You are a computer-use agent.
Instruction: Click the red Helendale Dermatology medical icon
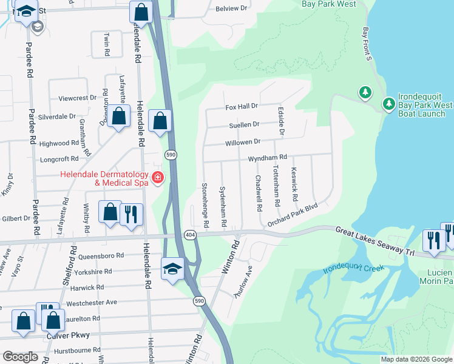158,177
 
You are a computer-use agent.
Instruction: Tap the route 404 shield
189,234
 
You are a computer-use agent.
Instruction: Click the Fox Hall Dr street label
242,106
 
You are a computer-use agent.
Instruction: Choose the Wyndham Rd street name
267,158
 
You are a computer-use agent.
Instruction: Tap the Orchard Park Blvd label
293,215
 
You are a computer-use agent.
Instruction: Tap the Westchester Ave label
91,302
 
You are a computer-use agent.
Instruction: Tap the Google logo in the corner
20,357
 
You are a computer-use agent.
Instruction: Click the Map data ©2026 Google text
416,359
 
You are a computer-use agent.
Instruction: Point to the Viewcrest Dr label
77,98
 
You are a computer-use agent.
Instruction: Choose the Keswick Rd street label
294,184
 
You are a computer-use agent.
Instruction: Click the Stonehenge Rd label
205,205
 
